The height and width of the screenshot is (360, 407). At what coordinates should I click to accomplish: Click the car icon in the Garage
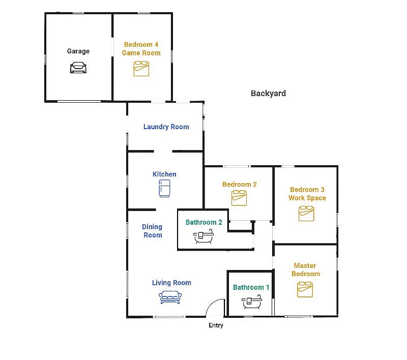point(78,68)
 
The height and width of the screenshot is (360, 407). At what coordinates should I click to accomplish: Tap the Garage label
point(78,51)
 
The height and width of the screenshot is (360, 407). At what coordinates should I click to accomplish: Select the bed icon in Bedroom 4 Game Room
point(141,69)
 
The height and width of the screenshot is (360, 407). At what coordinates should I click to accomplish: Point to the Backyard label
point(268,94)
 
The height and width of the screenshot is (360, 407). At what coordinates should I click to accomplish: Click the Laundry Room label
point(166,127)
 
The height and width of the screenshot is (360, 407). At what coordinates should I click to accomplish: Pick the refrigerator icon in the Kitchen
point(164,189)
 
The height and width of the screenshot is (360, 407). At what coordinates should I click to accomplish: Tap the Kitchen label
point(164,174)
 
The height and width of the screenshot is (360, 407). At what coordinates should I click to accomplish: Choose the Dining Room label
point(152,231)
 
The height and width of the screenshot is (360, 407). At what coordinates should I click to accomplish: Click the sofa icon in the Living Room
point(170,297)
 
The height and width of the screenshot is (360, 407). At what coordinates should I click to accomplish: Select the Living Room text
point(171,283)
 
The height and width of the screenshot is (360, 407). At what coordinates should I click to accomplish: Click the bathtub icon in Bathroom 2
point(203,236)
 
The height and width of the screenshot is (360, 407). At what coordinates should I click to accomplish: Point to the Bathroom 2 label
point(204,222)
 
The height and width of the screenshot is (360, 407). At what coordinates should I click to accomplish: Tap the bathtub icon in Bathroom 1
point(252,302)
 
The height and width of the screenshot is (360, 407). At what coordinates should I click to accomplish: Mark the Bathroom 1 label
point(251,287)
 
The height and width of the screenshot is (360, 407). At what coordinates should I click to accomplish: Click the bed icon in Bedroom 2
point(239,198)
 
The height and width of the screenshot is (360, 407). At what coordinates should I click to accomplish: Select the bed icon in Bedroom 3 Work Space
point(306,214)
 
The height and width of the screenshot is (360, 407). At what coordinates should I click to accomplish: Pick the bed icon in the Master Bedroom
point(305,289)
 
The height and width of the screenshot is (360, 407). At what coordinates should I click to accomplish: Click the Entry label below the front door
point(216,325)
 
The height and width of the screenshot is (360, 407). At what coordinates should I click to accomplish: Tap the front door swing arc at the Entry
point(212,304)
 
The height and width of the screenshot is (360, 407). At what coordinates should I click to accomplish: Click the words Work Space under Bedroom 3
point(307,198)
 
